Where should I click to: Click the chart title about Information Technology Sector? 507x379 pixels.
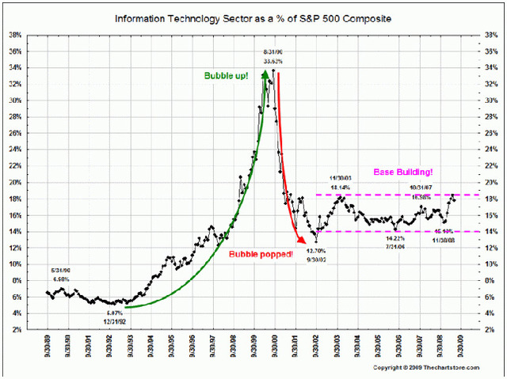pos(253,17)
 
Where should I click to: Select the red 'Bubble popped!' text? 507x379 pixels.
pos(261,253)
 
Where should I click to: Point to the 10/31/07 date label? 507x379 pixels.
pos(423,188)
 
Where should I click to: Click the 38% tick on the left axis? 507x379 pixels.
pos(14,35)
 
